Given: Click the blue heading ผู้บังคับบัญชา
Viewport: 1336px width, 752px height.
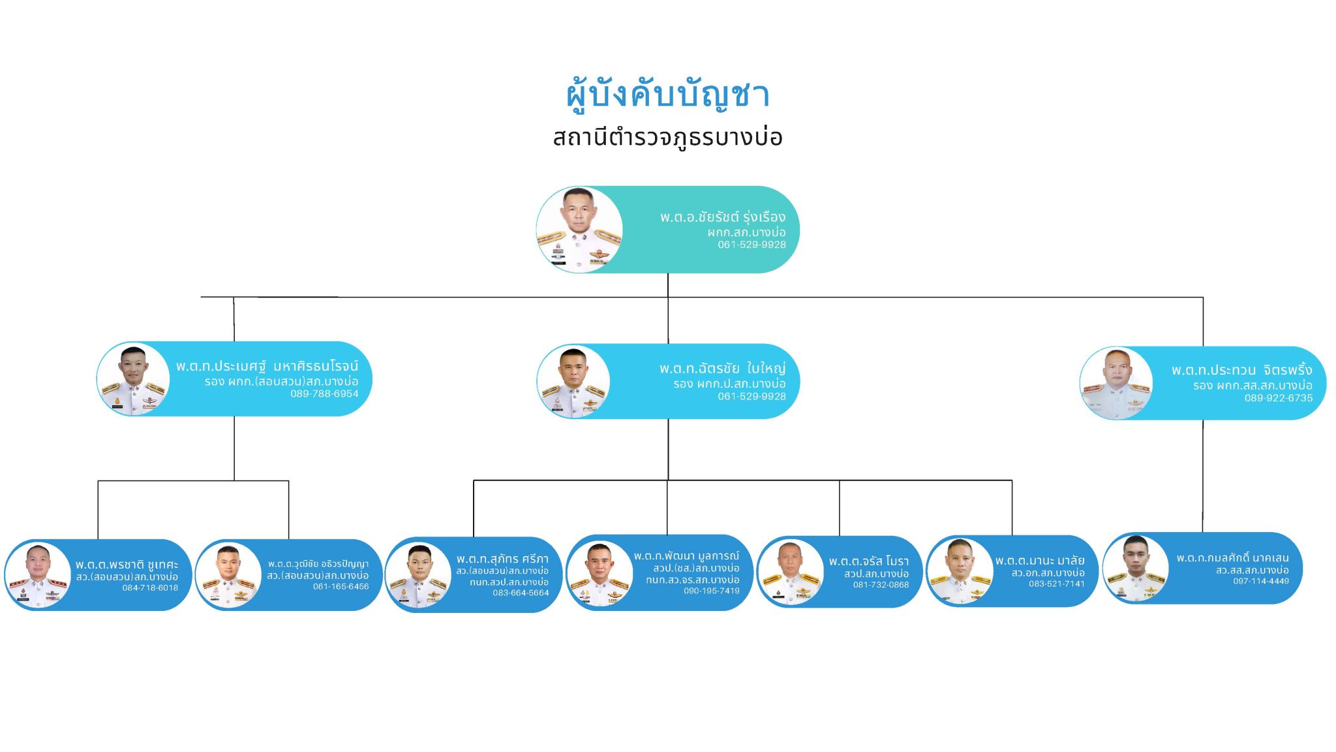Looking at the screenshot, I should click(x=667, y=95).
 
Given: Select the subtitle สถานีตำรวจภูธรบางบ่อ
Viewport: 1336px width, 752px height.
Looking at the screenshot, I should click(x=667, y=138).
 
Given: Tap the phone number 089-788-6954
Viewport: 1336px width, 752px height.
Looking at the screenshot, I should click(x=324, y=394).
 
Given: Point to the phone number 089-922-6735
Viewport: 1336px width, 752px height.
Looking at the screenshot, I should click(x=1278, y=398).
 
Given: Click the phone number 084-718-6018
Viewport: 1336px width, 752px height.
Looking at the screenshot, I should click(x=150, y=587).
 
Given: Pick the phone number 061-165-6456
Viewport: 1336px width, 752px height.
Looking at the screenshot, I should click(x=341, y=586).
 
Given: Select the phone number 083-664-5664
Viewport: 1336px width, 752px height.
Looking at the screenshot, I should click(x=521, y=593).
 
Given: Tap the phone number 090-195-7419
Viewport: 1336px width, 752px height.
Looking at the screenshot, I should click(x=711, y=591).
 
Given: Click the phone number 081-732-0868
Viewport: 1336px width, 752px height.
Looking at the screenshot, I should click(x=881, y=585).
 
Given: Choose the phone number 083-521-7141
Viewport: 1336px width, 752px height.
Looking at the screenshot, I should click(x=1056, y=584).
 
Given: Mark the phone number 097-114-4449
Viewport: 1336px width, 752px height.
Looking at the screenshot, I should click(x=1260, y=581).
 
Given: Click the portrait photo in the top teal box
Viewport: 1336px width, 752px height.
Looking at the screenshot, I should click(x=579, y=229).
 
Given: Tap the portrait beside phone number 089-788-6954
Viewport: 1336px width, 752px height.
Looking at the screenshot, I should click(x=134, y=380).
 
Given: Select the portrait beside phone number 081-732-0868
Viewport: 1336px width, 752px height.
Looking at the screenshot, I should click(x=791, y=572).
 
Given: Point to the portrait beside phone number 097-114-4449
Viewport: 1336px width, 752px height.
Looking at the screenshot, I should click(x=1136, y=568).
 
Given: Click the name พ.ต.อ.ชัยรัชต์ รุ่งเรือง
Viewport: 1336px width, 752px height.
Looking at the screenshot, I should click(x=722, y=217).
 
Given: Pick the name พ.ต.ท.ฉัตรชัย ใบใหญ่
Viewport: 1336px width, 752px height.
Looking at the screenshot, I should click(x=722, y=369).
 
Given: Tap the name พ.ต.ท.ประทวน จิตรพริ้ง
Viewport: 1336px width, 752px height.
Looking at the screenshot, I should click(x=1241, y=370).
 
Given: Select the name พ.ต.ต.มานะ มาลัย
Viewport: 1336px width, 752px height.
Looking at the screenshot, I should click(x=1040, y=561).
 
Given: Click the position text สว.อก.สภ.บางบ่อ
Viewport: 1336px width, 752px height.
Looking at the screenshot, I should click(x=1048, y=572).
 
